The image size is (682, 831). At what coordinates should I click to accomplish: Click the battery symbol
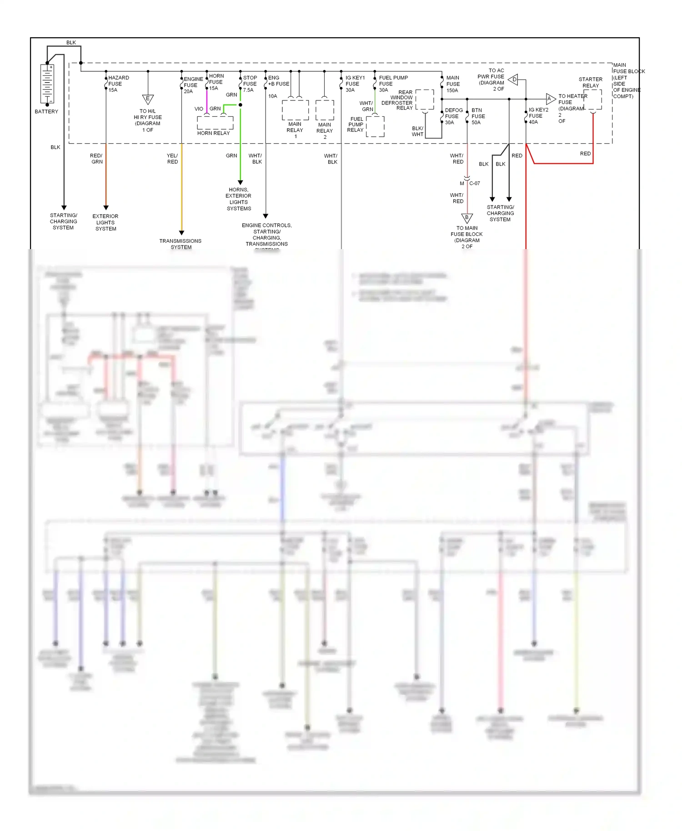pyautogui.click(x=47, y=84)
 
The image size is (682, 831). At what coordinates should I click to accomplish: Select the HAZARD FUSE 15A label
pyautogui.click(x=118, y=84)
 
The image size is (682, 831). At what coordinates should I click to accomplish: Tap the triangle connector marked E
pyautogui.click(x=148, y=99)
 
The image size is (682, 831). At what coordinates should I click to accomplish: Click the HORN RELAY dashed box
pyautogui.click(x=215, y=123)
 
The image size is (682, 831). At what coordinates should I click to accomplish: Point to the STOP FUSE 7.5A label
pyautogui.click(x=250, y=84)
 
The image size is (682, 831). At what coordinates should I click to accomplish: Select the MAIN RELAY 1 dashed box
pyautogui.click(x=295, y=110)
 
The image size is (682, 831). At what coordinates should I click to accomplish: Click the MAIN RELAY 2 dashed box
pyautogui.click(x=325, y=110)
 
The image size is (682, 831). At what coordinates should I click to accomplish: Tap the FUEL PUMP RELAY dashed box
pyautogui.click(x=375, y=126)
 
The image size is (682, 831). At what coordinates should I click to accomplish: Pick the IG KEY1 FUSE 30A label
pyautogui.click(x=354, y=84)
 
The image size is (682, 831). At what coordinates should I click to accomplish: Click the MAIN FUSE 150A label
pyautogui.click(x=452, y=84)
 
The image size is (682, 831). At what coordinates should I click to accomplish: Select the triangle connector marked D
pyautogui.click(x=513, y=80)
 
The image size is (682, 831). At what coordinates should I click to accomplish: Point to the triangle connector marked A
pyautogui.click(x=550, y=99)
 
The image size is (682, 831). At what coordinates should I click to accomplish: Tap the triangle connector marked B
pyautogui.click(x=467, y=218)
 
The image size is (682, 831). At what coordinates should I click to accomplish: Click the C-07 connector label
pyautogui.click(x=474, y=183)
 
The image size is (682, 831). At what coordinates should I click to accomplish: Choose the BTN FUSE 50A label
pyautogui.click(x=478, y=116)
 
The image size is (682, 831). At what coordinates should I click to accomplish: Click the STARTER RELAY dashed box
pyautogui.click(x=592, y=100)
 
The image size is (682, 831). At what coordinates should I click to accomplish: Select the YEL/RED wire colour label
pyautogui.click(x=172, y=159)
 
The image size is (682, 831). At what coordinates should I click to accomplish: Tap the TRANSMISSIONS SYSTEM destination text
pyautogui.click(x=181, y=244)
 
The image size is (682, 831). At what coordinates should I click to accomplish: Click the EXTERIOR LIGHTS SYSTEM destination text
pyautogui.click(x=105, y=222)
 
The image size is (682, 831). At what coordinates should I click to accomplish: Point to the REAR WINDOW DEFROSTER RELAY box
pyautogui.click(x=425, y=100)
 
